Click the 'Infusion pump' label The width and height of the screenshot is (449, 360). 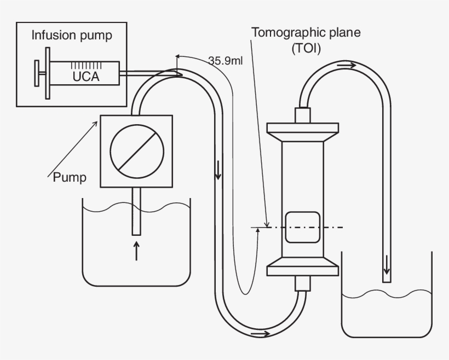click(72, 36)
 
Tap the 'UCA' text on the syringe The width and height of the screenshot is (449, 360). click(85, 77)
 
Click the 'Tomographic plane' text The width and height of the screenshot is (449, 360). click(306, 32)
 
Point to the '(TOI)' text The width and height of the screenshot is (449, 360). click(306, 48)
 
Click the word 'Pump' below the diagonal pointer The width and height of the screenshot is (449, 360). click(69, 177)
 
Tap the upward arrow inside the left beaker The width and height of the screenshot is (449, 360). click(136, 251)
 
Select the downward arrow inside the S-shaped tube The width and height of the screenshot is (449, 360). click(218, 171)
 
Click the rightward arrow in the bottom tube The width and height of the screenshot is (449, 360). click(260, 333)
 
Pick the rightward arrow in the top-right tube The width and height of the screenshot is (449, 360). click(346, 66)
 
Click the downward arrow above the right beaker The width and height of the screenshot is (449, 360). click(387, 265)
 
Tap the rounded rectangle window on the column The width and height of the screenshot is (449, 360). click(302, 227)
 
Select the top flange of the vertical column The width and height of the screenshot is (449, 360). click(302, 130)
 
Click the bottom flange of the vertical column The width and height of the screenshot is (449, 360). click(302, 269)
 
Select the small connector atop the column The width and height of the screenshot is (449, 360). click(302, 115)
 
